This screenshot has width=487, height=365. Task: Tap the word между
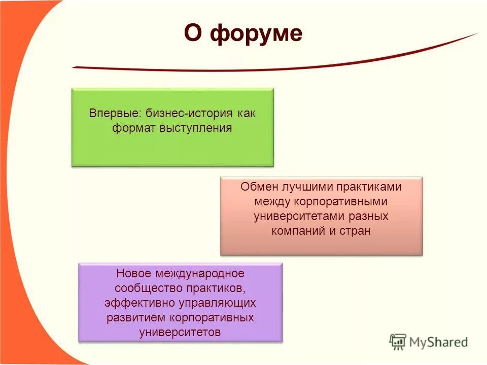click(x=272, y=201)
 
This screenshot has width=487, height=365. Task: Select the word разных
click(x=368, y=216)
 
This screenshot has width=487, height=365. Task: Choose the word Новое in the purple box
click(x=134, y=274)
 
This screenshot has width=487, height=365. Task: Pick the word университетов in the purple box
click(x=180, y=333)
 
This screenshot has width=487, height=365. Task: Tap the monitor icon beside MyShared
click(x=398, y=342)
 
